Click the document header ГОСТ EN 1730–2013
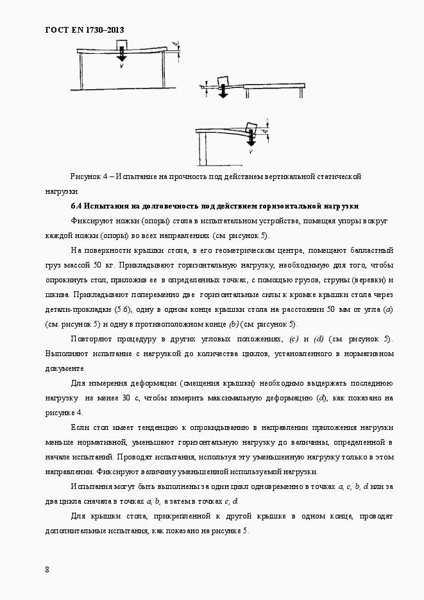click(84, 30)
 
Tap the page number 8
click(47, 569)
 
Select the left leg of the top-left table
click(81, 71)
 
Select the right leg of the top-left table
click(165, 71)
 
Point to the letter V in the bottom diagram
click(251, 153)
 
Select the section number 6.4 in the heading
click(76, 205)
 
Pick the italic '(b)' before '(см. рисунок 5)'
click(233, 324)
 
